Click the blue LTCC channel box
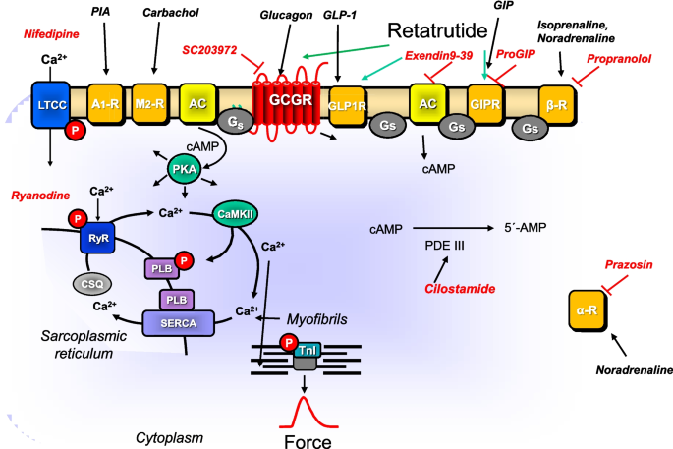[49, 105]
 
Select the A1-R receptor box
[104, 102]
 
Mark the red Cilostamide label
[459, 289]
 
